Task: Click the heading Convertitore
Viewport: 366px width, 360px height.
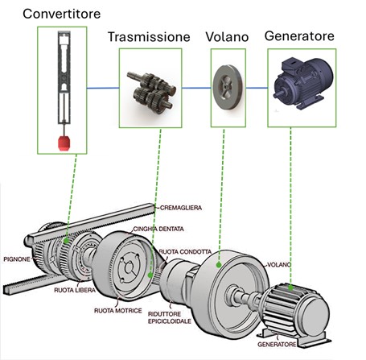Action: pyautogui.click(x=62, y=14)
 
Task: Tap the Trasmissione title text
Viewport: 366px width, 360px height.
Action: pyautogui.click(x=149, y=37)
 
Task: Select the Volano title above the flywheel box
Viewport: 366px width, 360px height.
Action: pyautogui.click(x=227, y=37)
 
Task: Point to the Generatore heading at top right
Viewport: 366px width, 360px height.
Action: pyautogui.click(x=299, y=36)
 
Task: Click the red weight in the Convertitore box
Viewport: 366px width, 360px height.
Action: pyautogui.click(x=64, y=143)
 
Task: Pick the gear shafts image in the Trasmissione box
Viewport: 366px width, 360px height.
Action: pyautogui.click(x=151, y=93)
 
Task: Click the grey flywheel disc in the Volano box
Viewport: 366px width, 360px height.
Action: pyautogui.click(x=228, y=87)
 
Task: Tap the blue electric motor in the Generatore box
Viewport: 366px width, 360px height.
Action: pyautogui.click(x=302, y=82)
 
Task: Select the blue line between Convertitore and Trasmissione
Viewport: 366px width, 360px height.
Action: pyautogui.click(x=103, y=88)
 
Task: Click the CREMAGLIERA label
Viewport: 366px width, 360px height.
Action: pyautogui.click(x=181, y=208)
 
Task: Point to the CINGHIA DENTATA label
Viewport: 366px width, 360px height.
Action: pyautogui.click(x=158, y=229)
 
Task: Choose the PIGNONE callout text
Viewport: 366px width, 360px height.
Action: pyautogui.click(x=17, y=259)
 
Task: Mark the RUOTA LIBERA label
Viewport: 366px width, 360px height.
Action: pyautogui.click(x=75, y=290)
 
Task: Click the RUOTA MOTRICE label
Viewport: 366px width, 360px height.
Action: pyautogui.click(x=118, y=311)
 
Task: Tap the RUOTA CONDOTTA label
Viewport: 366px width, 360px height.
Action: pyautogui.click(x=185, y=252)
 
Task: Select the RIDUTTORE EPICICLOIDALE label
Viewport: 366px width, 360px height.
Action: pyautogui.click(x=170, y=317)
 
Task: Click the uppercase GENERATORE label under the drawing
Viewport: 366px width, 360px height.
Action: pyautogui.click(x=277, y=345)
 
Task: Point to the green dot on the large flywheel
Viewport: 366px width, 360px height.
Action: pyautogui.click(x=219, y=265)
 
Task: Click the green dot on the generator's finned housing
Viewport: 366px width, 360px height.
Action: pyautogui.click(x=290, y=288)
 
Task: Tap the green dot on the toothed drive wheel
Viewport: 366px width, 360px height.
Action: pyautogui.click(x=150, y=275)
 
